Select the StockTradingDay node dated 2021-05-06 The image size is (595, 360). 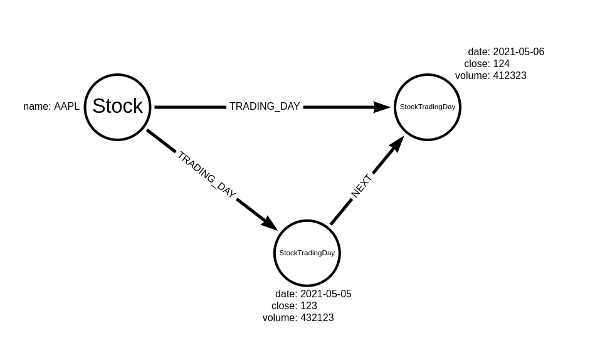(428, 107)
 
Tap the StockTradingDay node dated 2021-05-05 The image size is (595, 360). (307, 253)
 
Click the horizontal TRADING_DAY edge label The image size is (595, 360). (265, 107)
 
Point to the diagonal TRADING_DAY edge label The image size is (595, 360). (206, 174)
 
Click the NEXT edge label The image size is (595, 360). (362, 186)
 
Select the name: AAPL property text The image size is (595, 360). (51, 107)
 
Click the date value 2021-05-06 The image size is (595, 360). (519, 52)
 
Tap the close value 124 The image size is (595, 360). (501, 64)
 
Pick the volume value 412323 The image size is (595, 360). (509, 76)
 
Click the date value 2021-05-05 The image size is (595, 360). (325, 294)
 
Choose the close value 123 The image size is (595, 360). (308, 306)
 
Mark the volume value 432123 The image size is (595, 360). (317, 318)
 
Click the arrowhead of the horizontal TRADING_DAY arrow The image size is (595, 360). (382, 107)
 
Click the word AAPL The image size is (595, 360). (66, 107)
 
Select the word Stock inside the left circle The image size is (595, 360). (117, 106)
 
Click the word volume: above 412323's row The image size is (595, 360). (472, 76)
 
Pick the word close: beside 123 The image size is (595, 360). (284, 306)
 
